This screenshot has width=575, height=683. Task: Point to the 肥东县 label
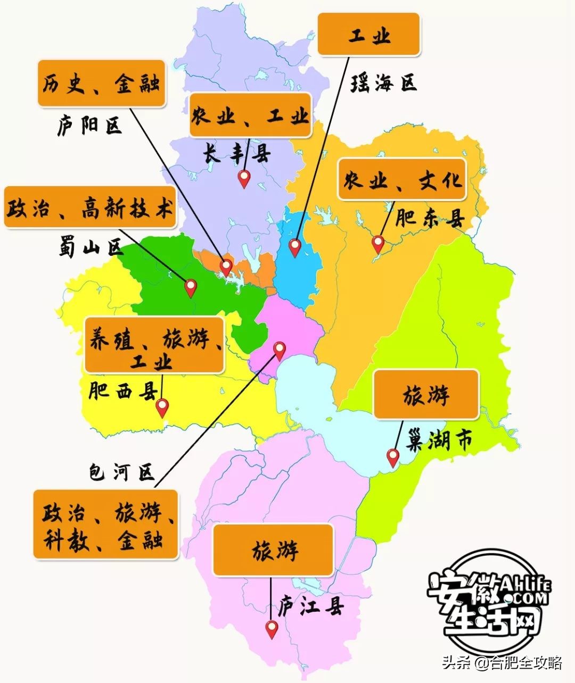point(430,218)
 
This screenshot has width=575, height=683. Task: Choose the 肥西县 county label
point(122,392)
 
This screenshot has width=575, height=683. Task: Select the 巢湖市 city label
point(440,441)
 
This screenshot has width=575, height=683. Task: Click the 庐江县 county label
point(311,607)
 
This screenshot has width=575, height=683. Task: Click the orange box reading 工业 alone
point(368,34)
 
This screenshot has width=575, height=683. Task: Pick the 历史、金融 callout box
point(101,83)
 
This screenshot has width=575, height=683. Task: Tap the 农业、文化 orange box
point(402,179)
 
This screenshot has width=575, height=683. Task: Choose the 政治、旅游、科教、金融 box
point(105,525)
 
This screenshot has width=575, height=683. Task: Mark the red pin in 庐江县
point(272,629)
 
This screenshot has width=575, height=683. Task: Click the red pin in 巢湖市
point(393,457)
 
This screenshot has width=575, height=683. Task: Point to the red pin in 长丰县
point(244,178)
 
